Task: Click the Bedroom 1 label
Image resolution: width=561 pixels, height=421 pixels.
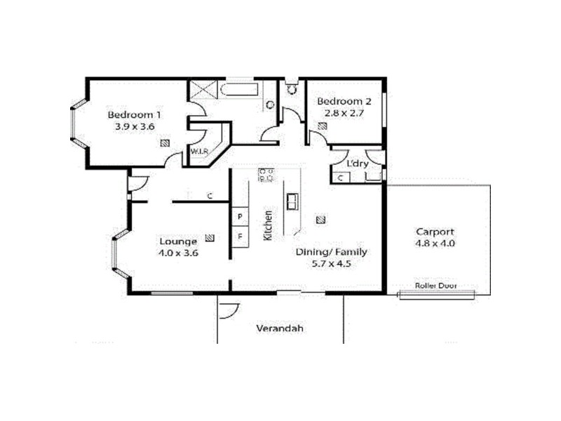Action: click(135, 114)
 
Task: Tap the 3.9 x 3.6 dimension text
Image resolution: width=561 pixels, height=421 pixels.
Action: click(135, 127)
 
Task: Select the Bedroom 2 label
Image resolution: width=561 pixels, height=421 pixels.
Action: click(344, 100)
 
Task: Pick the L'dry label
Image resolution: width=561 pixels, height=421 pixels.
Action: click(358, 164)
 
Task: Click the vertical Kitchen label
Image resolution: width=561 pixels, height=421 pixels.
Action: click(268, 225)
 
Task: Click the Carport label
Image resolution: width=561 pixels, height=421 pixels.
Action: click(435, 232)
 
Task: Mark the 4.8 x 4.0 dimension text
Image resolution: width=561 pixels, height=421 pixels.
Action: click(435, 243)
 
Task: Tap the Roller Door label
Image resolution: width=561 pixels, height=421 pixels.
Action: click(435, 286)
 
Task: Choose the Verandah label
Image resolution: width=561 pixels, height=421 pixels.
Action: click(279, 328)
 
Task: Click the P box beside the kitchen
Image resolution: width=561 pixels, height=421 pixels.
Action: click(240, 216)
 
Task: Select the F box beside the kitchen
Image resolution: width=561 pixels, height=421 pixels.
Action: click(240, 236)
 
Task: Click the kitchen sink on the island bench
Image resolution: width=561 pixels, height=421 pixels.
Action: click(291, 201)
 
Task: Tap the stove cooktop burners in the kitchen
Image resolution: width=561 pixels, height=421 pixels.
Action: click(266, 175)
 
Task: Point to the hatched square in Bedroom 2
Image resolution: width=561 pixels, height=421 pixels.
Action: click(322, 127)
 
